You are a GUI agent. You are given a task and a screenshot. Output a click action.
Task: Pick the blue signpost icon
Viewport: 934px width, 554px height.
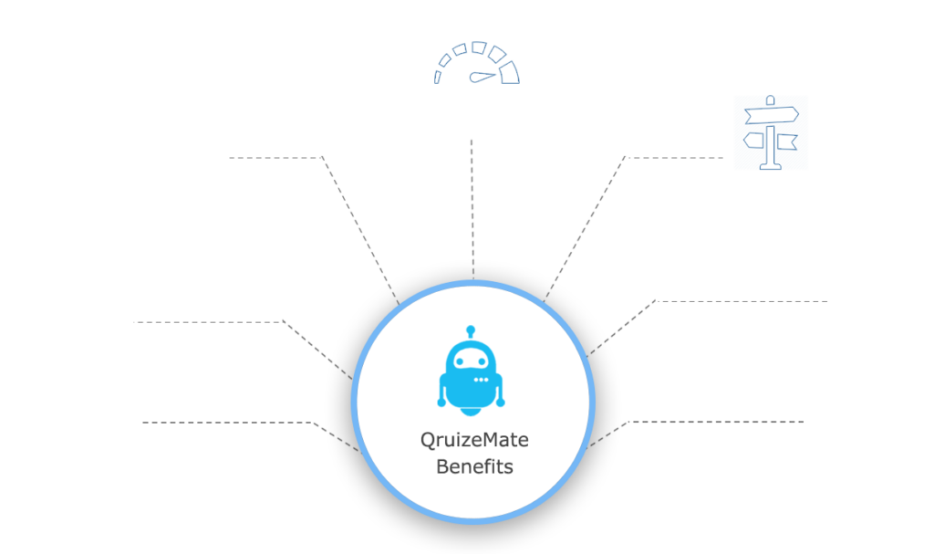(x=772, y=132)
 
